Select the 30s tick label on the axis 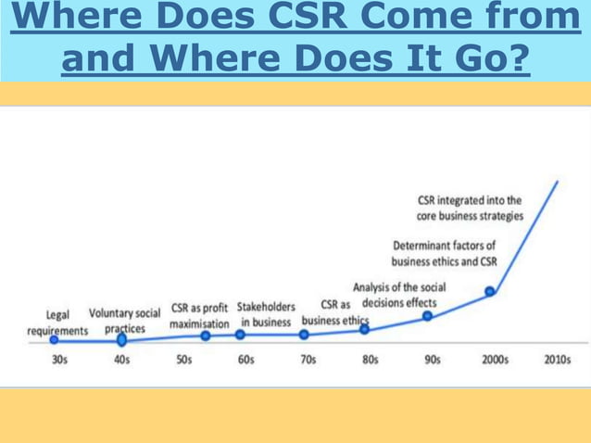[x=58, y=361]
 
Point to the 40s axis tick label [x=121, y=361]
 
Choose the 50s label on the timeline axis [x=183, y=361]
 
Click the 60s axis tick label [x=245, y=361]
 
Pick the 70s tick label [x=308, y=361]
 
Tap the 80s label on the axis [x=370, y=361]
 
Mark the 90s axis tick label [x=432, y=361]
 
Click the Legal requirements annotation [x=57, y=323]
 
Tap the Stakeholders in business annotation [x=266, y=313]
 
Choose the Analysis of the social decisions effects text [x=400, y=295]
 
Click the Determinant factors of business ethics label [x=444, y=254]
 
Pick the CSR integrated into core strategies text [x=470, y=207]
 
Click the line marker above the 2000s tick [x=491, y=292]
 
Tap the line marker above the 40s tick [x=121, y=340]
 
